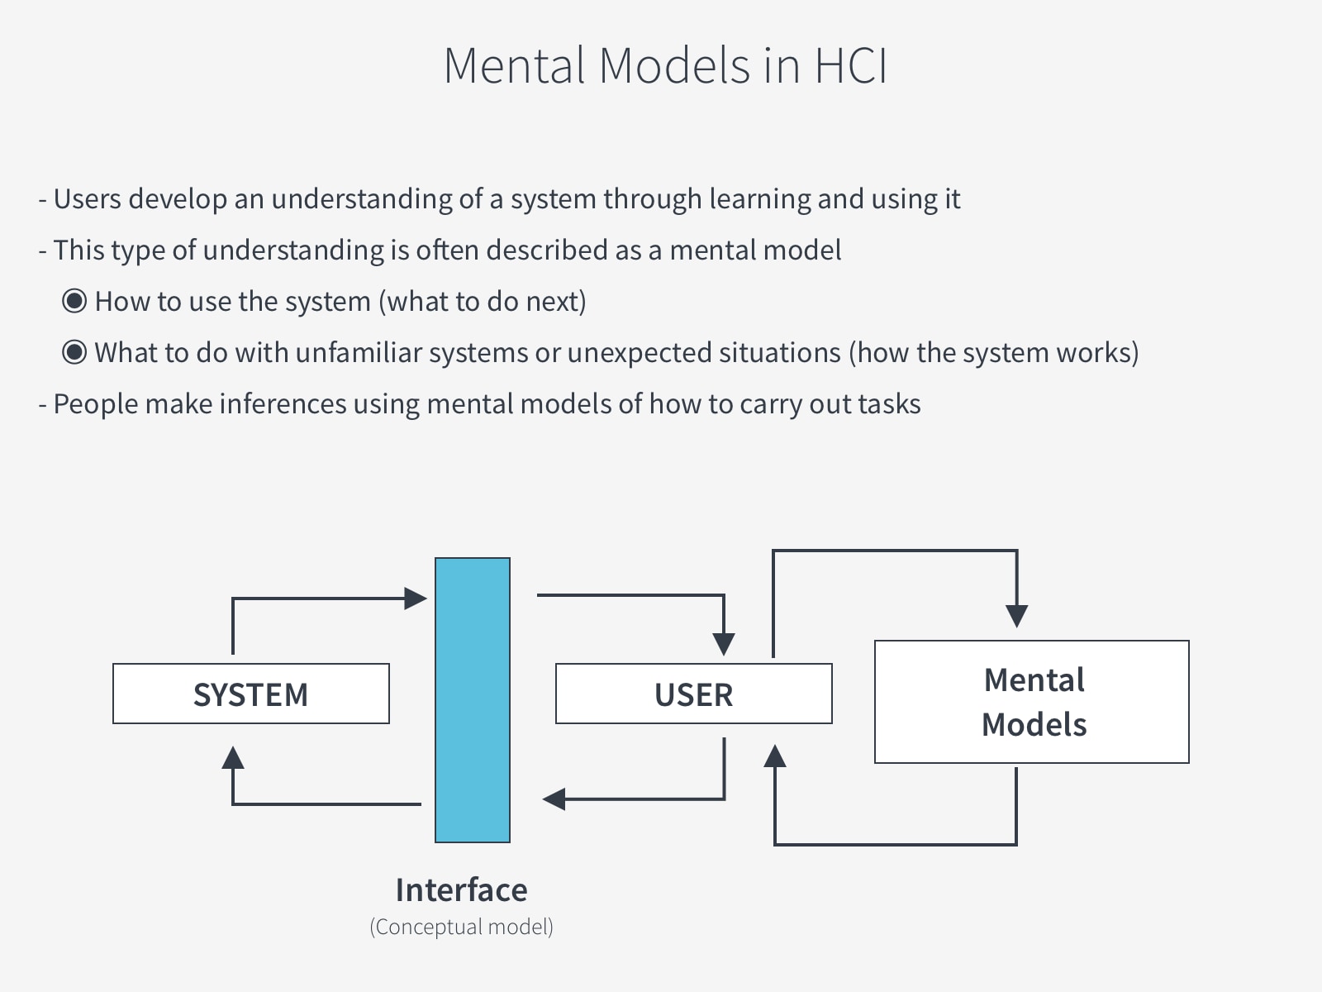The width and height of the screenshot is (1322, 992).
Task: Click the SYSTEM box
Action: click(250, 694)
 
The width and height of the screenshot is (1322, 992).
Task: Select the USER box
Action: click(693, 694)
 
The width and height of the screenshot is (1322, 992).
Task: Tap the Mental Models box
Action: click(1031, 702)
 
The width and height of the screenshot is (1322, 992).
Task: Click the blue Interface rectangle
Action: click(472, 699)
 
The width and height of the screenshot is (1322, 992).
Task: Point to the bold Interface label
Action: click(461, 890)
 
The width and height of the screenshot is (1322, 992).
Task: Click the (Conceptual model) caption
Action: click(461, 927)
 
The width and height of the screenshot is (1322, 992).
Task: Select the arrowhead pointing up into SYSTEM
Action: click(233, 757)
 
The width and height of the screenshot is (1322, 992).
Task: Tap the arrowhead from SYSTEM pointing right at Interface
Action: click(415, 598)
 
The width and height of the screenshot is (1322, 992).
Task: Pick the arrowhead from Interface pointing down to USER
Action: click(724, 644)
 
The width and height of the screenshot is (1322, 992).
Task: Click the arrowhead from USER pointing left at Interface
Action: click(554, 799)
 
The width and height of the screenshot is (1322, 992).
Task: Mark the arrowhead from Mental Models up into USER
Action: click(774, 756)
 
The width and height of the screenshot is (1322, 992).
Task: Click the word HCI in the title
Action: click(850, 65)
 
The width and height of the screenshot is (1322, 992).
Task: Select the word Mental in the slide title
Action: click(515, 65)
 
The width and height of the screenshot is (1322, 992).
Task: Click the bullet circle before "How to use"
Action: click(74, 302)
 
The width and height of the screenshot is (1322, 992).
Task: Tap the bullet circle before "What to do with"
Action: click(74, 353)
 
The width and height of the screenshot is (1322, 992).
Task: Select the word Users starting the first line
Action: click(87, 199)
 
